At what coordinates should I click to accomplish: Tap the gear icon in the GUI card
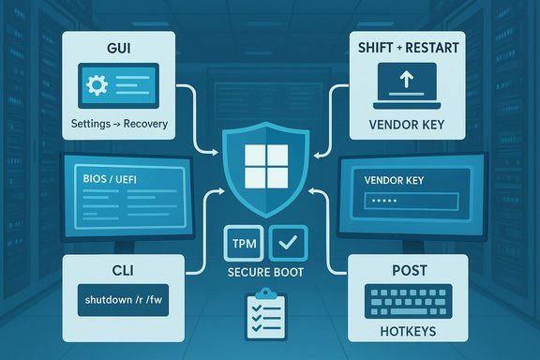tap(96, 85)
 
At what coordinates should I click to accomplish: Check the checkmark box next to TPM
tap(286, 242)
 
